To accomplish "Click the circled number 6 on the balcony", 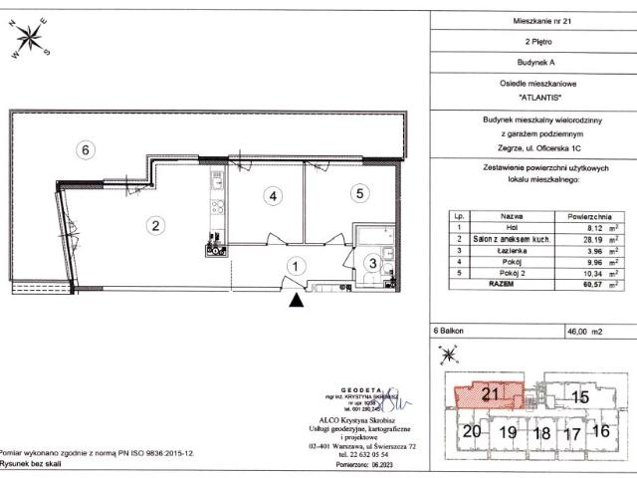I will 87,149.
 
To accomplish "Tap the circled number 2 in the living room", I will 156,225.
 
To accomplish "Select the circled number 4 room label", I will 271,196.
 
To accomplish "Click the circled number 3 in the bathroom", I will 371,263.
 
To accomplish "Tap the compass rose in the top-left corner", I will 29,39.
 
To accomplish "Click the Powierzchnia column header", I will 588,215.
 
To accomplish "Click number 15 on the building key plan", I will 580,396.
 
